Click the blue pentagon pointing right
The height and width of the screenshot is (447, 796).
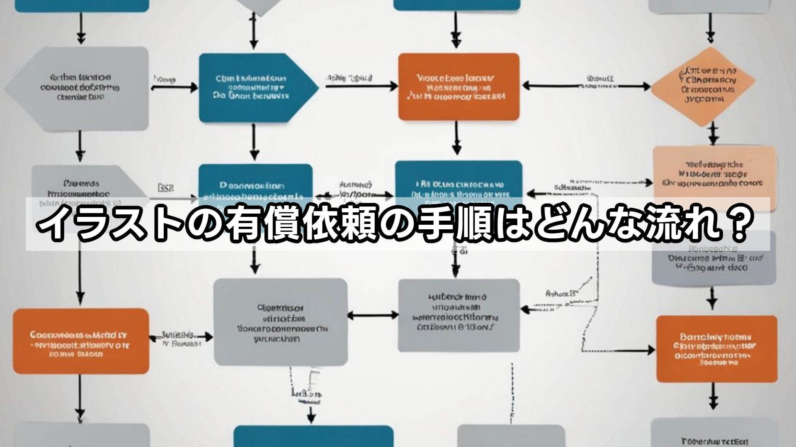tap(253, 88)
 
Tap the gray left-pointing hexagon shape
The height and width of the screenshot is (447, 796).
tap(79, 88)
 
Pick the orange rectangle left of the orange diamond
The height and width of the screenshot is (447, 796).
tap(459, 87)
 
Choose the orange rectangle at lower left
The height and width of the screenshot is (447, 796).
tap(80, 341)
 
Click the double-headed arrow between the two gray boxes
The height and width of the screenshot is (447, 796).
tap(372, 315)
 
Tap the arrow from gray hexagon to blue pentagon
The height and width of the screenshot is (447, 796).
tap(174, 87)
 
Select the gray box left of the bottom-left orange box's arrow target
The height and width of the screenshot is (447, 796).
tap(280, 322)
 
